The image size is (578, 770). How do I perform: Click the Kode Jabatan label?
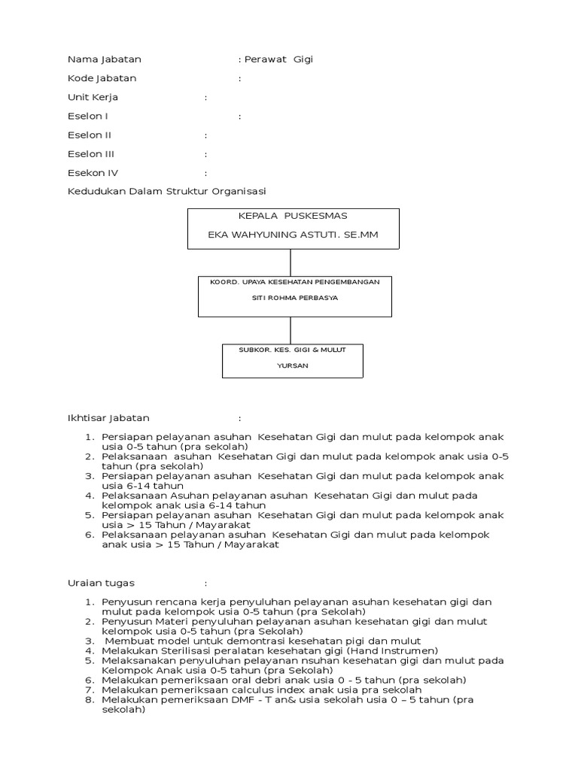[x=102, y=78]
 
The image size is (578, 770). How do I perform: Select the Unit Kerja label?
[x=93, y=97]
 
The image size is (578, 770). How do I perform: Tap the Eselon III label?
[x=96, y=154]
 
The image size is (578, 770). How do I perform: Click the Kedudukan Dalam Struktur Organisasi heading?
[x=166, y=192]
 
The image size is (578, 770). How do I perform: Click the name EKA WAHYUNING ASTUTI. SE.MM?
[x=293, y=235]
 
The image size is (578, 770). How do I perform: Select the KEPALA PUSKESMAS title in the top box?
[x=293, y=216]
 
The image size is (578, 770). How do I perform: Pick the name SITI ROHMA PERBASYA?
[x=294, y=298]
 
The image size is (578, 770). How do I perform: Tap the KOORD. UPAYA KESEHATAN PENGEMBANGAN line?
[x=294, y=281]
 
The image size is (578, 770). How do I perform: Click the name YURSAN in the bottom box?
[x=293, y=365]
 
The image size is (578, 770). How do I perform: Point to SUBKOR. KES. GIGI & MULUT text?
[x=293, y=350]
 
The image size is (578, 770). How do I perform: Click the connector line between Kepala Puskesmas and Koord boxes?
[x=291, y=262]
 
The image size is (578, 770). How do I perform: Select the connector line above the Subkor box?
[x=291, y=330]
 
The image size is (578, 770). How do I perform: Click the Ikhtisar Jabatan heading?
[x=108, y=418]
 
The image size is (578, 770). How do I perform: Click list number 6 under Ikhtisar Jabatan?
[x=88, y=535]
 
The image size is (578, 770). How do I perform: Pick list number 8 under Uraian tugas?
[x=88, y=699]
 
